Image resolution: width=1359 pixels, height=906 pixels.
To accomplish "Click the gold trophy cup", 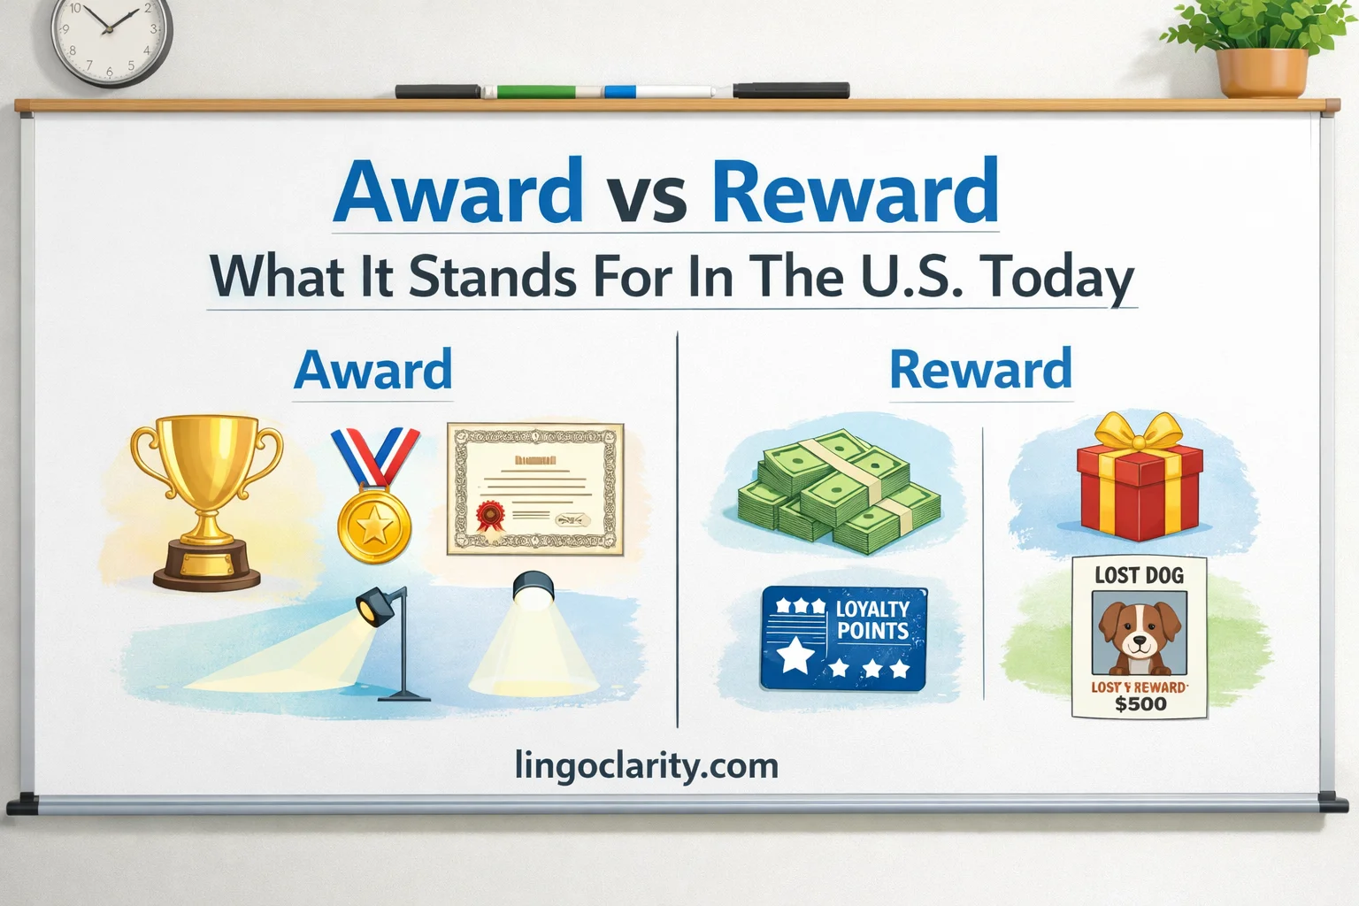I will click(206, 500).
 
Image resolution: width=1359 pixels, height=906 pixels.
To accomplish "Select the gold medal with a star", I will click(375, 526).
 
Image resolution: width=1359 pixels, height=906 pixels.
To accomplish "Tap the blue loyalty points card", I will click(843, 639).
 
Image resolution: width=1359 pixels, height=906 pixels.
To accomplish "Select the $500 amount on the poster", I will click(1140, 705).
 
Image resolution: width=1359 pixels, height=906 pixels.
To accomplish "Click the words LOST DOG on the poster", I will click(1139, 575).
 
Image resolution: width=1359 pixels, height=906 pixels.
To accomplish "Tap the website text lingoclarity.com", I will click(646, 765).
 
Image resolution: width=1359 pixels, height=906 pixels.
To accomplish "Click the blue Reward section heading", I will click(980, 370).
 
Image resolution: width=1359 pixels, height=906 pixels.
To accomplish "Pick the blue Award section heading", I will click(372, 370).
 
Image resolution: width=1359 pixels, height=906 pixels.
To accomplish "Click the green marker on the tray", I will click(536, 91).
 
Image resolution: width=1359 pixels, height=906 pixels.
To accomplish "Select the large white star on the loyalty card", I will click(795, 656).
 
